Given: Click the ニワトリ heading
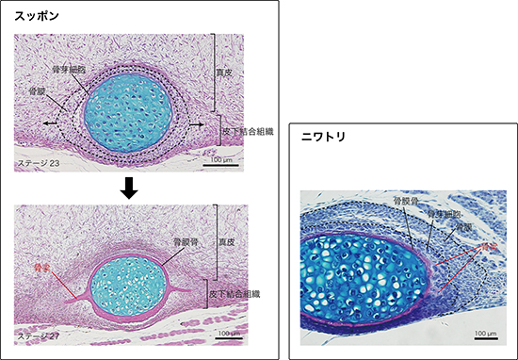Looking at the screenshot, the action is [x=322, y=138].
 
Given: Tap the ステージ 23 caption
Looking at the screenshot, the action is [x=40, y=164].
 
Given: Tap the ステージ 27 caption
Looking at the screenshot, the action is [x=40, y=335].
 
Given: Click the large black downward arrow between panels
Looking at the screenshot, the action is [x=131, y=189].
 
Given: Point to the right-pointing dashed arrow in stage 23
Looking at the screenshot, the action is [x=199, y=123].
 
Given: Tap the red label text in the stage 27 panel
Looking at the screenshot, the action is [x=40, y=268].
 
